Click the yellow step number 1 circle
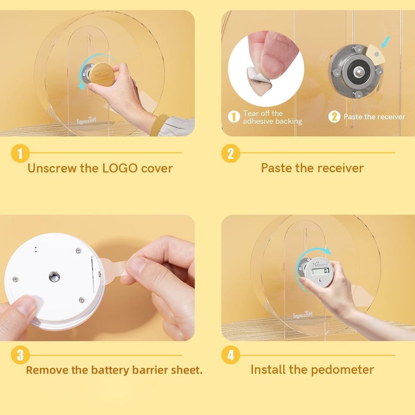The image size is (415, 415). tap(20, 153)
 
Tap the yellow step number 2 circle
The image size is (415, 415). tap(230, 153)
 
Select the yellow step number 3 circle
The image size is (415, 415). tap(20, 355)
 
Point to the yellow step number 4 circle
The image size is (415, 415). tap(230, 355)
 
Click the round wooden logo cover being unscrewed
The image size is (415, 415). tap(103, 74)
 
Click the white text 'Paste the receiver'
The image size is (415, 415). tap(374, 117)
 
